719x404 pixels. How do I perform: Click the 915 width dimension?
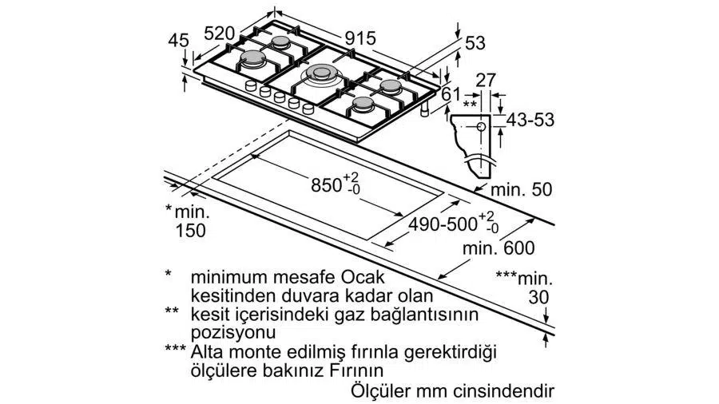[360, 38]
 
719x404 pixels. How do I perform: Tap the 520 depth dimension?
[219, 33]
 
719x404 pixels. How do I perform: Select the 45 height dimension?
[178, 41]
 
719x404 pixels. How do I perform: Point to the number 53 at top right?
[475, 43]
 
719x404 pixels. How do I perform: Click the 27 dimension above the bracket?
[486, 81]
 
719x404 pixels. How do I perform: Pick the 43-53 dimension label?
[530, 120]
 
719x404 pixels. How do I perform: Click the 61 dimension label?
[451, 94]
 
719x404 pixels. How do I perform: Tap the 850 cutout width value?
[326, 185]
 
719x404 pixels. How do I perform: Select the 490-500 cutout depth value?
[443, 224]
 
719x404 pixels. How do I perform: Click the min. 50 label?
[522, 190]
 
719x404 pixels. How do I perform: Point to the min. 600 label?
[499, 248]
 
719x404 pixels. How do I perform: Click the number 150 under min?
[191, 231]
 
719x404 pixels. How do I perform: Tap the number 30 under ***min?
[538, 297]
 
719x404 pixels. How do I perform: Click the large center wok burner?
[320, 73]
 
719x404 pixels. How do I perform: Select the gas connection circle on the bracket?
[481, 127]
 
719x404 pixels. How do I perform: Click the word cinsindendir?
[504, 392]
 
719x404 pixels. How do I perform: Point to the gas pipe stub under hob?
[426, 109]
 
